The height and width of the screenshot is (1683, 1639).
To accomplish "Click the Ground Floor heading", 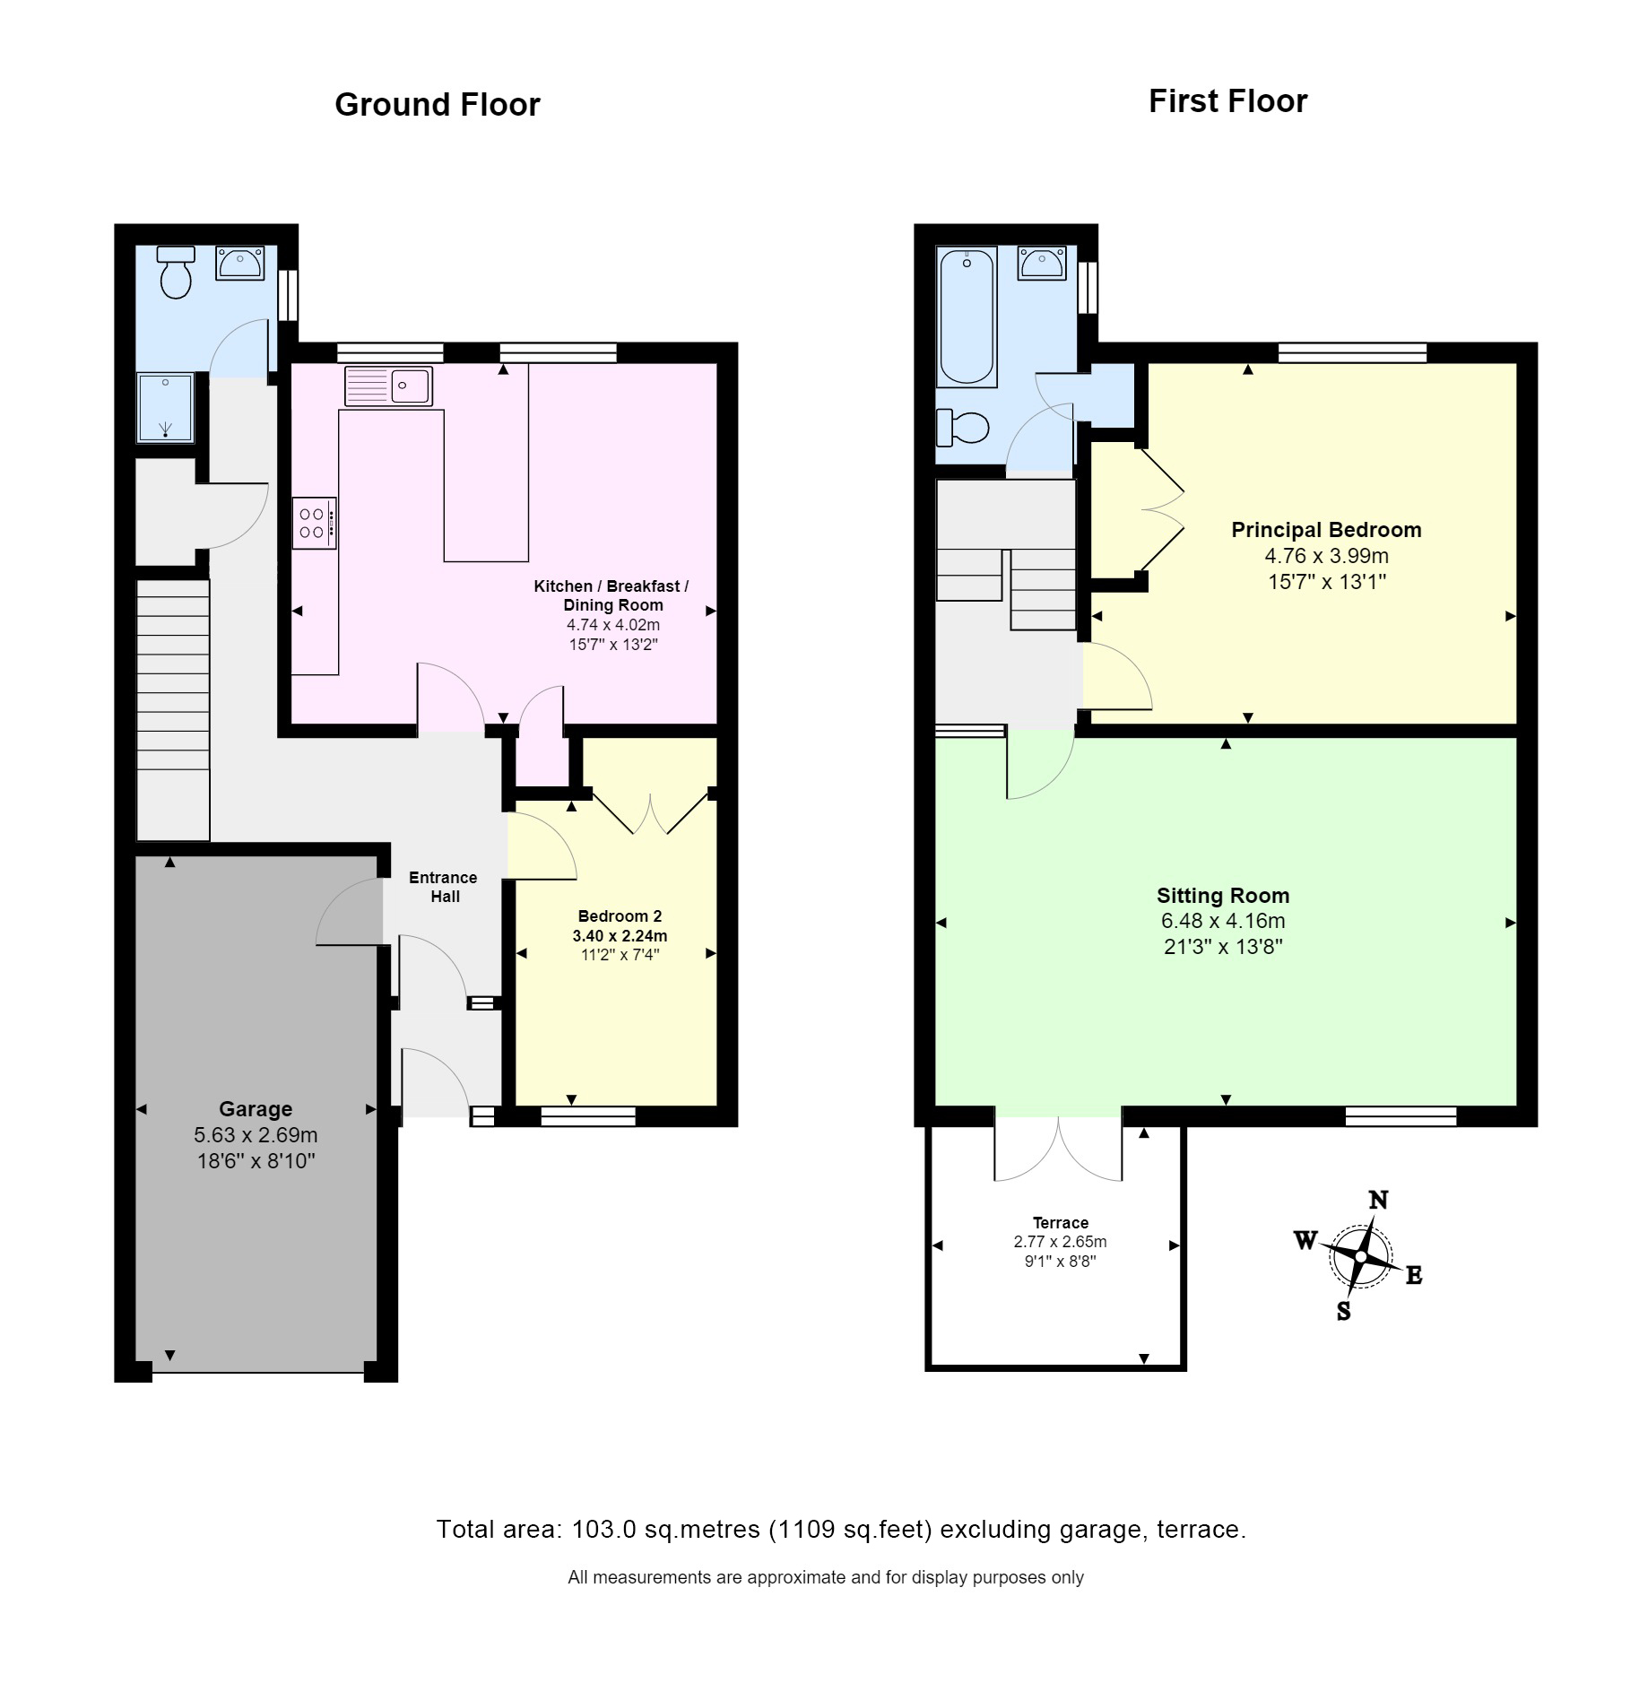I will (437, 105).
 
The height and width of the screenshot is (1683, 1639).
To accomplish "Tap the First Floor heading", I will (1227, 101).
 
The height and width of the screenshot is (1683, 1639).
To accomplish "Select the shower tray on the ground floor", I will (165, 408).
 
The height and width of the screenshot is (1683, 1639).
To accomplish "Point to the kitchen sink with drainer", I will (387, 386).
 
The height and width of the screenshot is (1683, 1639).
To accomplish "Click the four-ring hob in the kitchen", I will (314, 523).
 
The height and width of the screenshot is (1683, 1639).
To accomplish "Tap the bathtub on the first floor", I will (966, 316).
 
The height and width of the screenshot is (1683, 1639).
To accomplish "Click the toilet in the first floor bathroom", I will (963, 427).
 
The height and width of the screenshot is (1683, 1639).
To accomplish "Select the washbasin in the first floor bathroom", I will (1041, 264).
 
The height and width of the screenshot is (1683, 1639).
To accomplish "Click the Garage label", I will (256, 1109).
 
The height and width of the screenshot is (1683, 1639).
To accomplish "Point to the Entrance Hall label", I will (443, 887).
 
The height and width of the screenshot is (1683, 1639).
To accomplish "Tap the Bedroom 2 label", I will (620, 915).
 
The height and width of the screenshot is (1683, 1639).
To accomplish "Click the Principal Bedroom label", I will (1325, 530).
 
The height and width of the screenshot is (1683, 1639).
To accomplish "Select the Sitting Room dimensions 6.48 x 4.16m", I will (1222, 921).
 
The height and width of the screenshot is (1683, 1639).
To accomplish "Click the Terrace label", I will (1060, 1223).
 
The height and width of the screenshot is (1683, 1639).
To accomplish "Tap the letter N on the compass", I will (1378, 1200).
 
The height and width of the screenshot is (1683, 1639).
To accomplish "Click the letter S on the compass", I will (1343, 1312).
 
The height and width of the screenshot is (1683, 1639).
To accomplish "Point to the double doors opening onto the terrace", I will (1058, 1150).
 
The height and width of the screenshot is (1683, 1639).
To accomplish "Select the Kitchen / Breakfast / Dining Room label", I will (611, 595).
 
